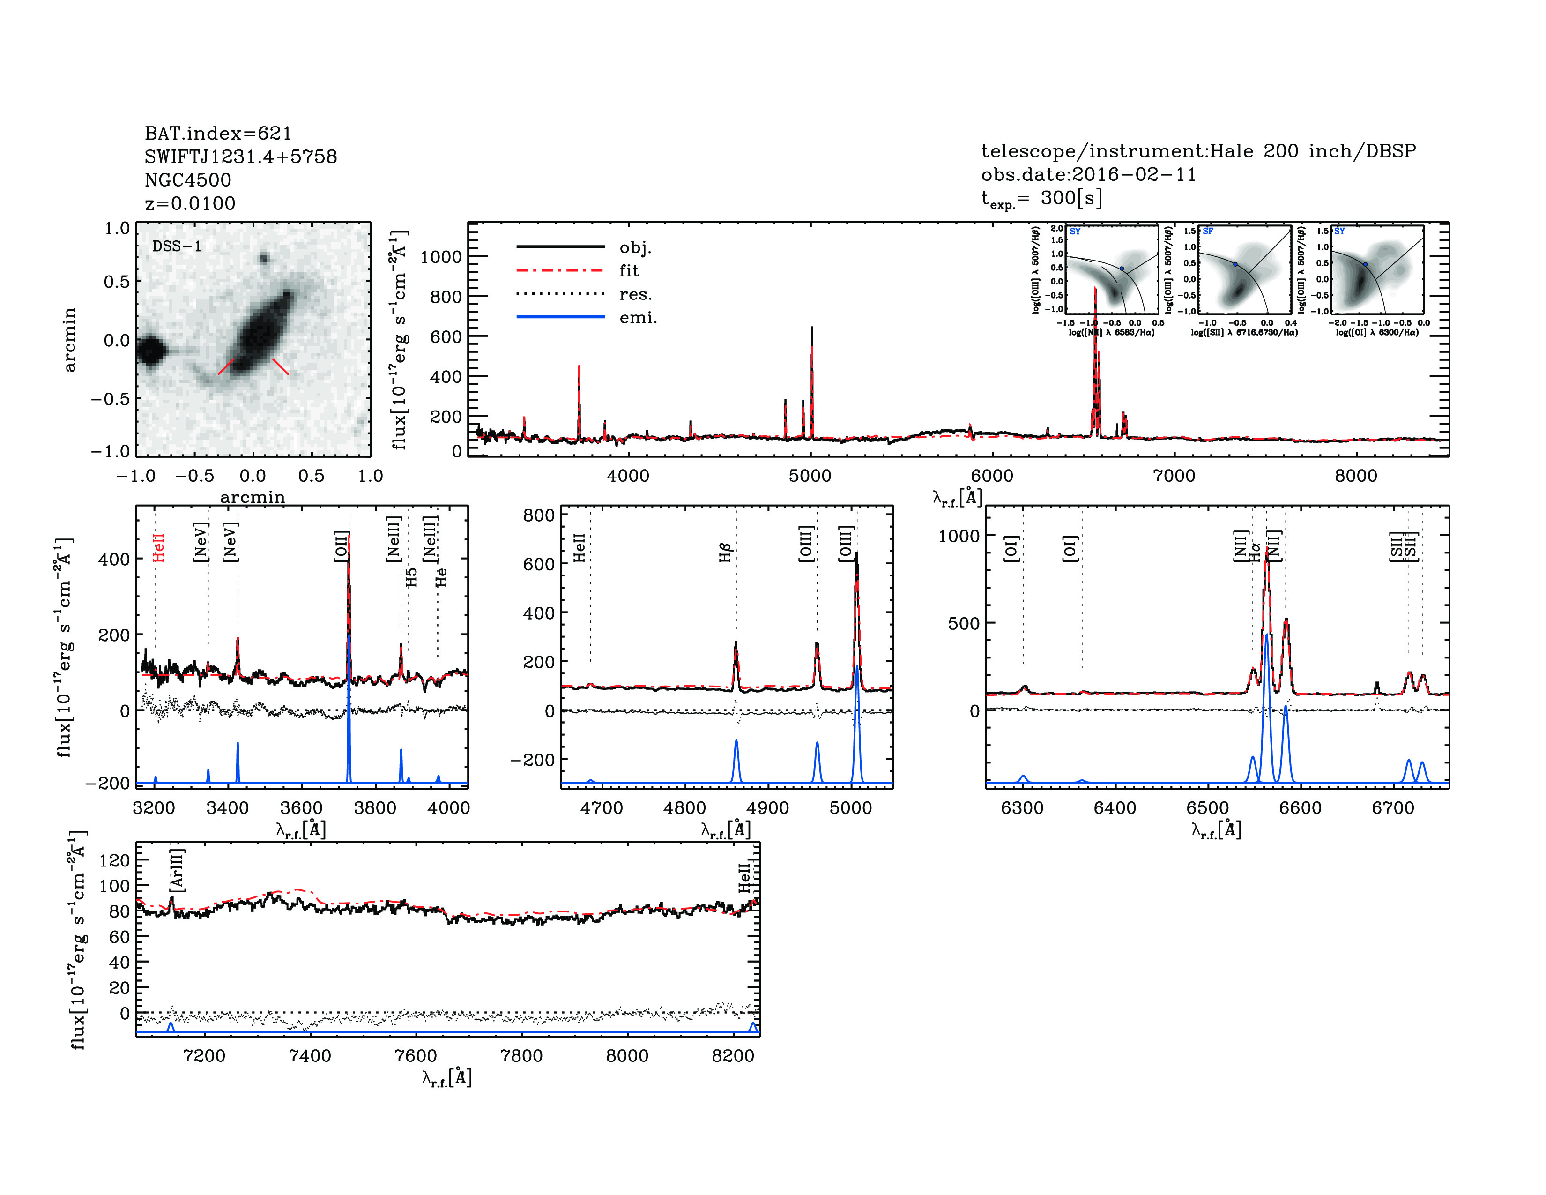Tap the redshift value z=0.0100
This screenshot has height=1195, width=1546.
(x=190, y=203)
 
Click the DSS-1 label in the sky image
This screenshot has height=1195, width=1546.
(x=177, y=246)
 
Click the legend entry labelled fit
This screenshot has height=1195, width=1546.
(x=629, y=270)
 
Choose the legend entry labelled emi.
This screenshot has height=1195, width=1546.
(x=638, y=317)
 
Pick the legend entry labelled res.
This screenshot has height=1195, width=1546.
(x=635, y=294)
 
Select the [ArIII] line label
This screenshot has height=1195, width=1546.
(x=176, y=869)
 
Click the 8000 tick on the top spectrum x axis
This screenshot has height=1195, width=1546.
(x=1356, y=476)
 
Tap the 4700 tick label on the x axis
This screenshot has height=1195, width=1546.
(x=601, y=808)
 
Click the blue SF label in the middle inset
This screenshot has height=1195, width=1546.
(x=1208, y=232)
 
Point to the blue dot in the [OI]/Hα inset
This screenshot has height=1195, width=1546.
(x=1366, y=264)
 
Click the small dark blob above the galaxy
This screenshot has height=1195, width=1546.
(x=264, y=258)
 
